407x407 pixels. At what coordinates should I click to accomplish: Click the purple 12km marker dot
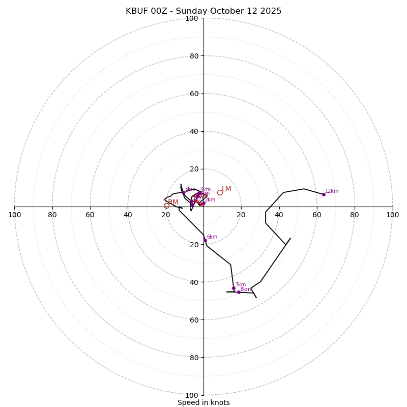[x=324, y=194]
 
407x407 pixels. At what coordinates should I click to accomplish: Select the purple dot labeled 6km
[x=205, y=240]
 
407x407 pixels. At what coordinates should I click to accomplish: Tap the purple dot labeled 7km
[x=234, y=288]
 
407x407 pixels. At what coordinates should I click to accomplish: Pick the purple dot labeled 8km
[x=239, y=292]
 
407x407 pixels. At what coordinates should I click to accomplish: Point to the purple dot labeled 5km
[x=184, y=192]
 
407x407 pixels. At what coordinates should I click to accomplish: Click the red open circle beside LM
[x=220, y=192]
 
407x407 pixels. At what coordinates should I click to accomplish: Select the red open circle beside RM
[x=166, y=206]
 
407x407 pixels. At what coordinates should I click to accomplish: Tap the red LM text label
[x=226, y=189]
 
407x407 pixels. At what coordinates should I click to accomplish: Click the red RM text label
[x=173, y=202]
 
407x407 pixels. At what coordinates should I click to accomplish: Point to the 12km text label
[x=332, y=191]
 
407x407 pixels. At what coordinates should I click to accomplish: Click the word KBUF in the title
[x=137, y=11]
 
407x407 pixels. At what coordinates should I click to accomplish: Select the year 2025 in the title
[x=271, y=11]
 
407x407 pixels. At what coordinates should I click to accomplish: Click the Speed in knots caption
[x=203, y=402]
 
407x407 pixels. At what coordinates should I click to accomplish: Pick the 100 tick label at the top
[x=192, y=18]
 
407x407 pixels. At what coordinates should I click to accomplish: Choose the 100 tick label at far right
[x=392, y=215]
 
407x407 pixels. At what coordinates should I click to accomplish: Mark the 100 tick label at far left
[x=14, y=215]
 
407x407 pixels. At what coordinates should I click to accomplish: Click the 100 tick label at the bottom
[x=192, y=395]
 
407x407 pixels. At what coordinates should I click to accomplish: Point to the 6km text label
[x=212, y=237]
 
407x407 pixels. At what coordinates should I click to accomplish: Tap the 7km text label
[x=240, y=285]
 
